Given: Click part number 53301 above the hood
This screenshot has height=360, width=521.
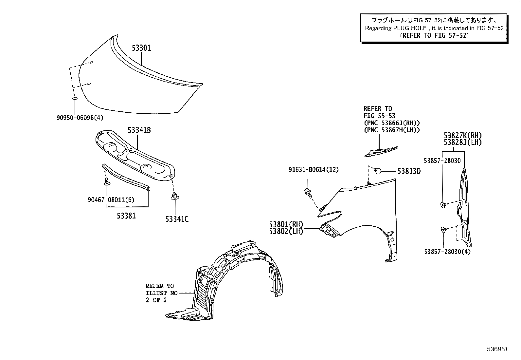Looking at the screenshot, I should (141, 48).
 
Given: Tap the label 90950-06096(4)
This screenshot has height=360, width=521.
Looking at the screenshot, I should (82, 117).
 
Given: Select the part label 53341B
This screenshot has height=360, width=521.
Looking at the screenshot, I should (139, 130).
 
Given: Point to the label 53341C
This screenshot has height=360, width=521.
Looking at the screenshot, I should (177, 219).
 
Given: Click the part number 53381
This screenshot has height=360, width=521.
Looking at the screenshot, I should (126, 216).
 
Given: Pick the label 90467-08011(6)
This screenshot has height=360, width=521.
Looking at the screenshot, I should (111, 200).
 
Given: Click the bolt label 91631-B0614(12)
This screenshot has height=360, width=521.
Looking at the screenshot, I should (314, 170).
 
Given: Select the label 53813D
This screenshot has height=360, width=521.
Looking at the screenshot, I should (409, 171).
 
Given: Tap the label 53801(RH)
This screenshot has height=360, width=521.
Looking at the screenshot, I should (286, 224).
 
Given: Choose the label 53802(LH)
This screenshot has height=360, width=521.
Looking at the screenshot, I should (286, 231).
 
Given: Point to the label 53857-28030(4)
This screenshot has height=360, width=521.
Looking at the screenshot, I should (447, 252).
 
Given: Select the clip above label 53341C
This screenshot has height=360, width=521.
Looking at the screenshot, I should (174, 197).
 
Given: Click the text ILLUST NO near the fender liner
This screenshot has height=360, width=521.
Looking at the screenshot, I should (161, 293).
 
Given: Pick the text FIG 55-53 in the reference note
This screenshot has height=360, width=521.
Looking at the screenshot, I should (379, 116).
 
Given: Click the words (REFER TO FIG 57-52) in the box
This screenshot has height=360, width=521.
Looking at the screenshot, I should (434, 35).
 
